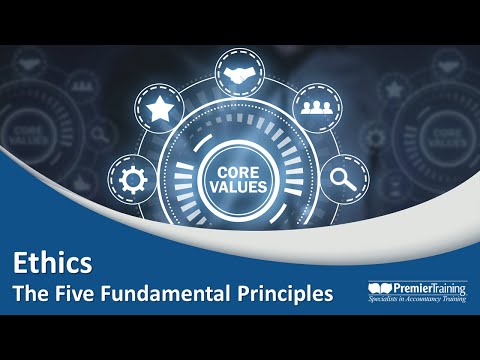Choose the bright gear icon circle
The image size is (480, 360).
pyautogui.click(x=132, y=181)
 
